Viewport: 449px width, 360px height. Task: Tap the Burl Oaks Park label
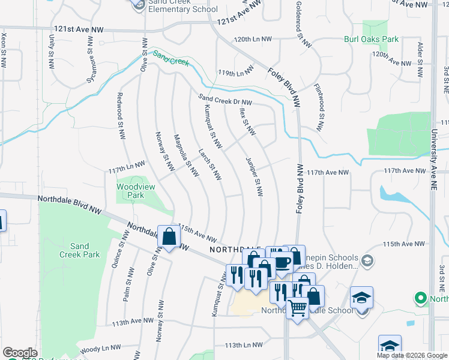click(x=371, y=40)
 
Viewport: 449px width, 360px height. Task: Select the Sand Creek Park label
click(x=79, y=250)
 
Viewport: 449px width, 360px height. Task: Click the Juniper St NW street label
click(x=255, y=177)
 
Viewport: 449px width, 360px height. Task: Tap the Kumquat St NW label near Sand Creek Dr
click(x=213, y=127)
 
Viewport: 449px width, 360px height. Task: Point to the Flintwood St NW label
click(x=319, y=107)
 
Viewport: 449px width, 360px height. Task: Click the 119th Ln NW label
click(x=236, y=73)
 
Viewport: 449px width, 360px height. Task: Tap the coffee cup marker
click(x=282, y=262)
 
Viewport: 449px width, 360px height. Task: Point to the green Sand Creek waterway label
click(x=170, y=58)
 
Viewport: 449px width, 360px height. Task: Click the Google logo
click(x=20, y=353)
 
